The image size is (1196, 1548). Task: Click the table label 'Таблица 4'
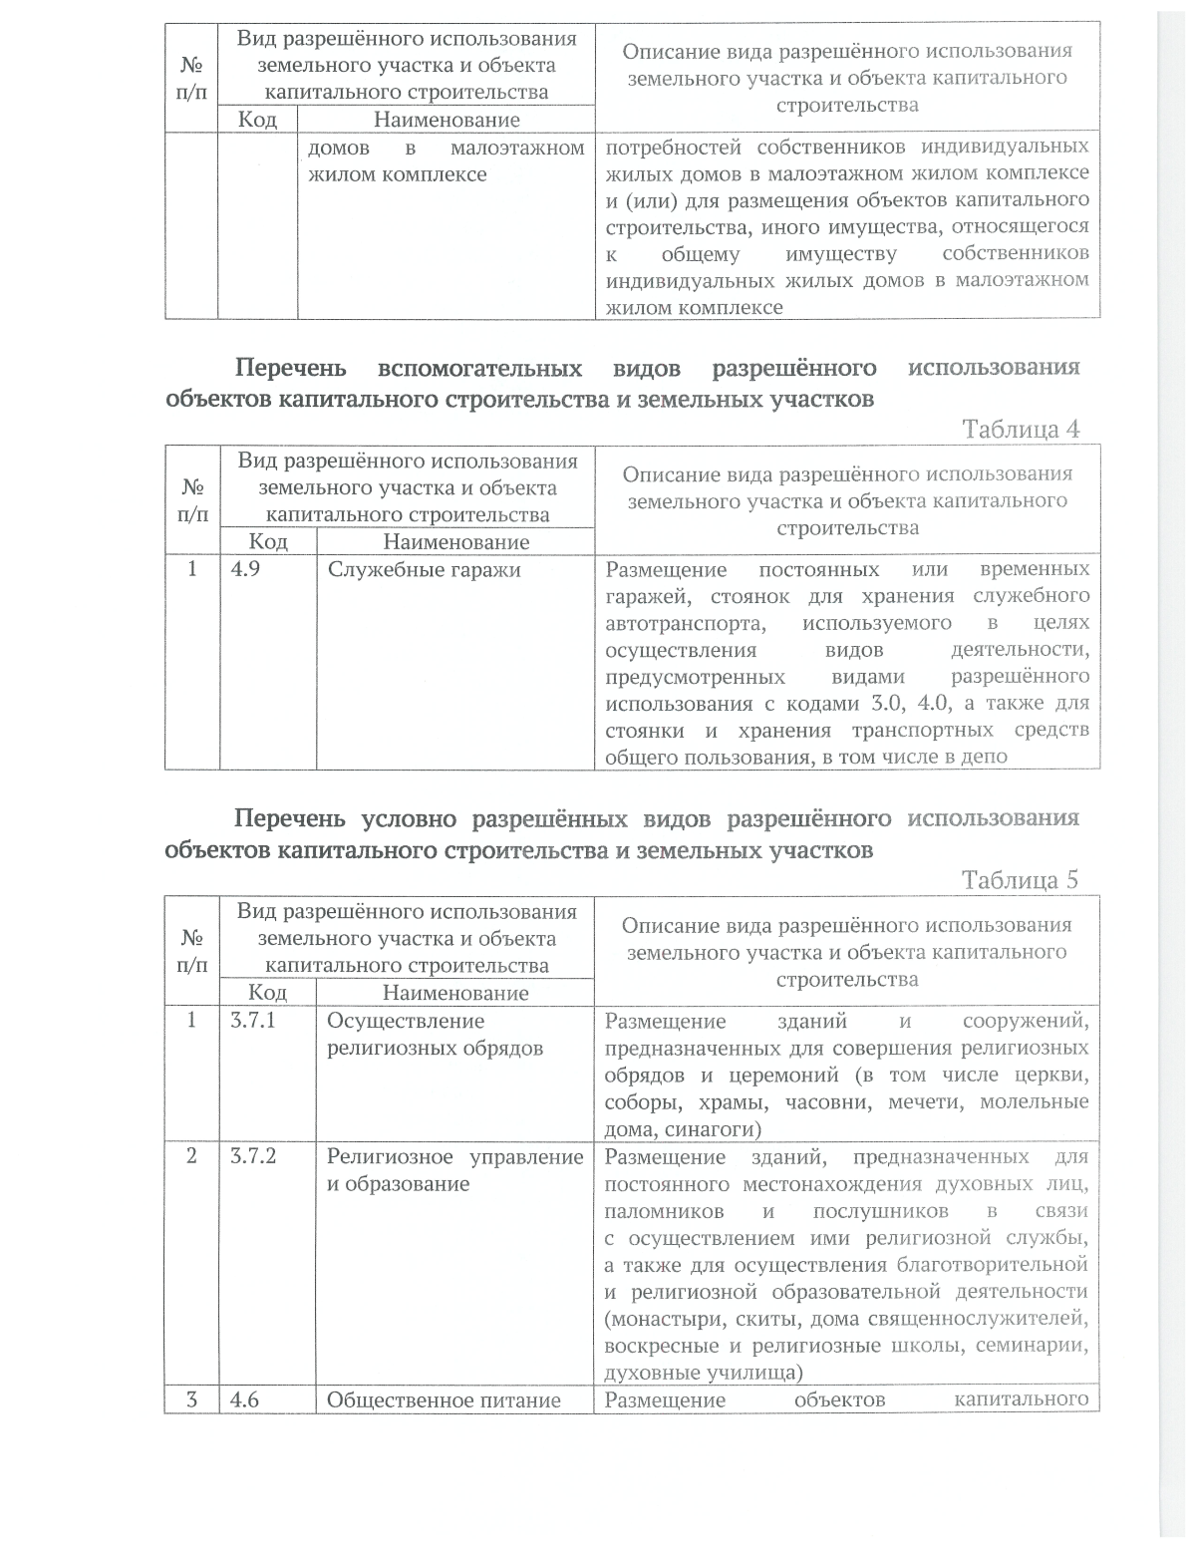[1020, 430]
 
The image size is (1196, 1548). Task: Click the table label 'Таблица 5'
[1020, 880]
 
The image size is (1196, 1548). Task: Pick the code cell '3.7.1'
[253, 1021]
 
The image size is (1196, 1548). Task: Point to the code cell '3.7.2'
[253, 1157]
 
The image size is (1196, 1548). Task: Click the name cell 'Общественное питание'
[444, 1400]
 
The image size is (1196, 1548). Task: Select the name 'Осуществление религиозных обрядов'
[436, 1035]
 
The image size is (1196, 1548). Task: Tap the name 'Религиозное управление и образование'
[454, 1170]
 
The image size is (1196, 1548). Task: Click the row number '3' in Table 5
[191, 1400]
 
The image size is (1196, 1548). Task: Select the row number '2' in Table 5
[191, 1157]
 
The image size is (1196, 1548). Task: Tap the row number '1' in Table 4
[191, 570]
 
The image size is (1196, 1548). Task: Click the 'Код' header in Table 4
[267, 541]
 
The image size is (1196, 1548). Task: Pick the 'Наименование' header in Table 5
[454, 993]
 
